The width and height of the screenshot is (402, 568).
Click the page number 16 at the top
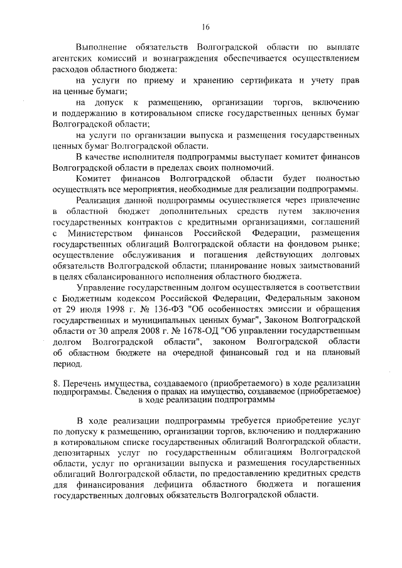coord(205,27)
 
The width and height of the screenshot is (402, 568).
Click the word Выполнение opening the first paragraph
coord(100,47)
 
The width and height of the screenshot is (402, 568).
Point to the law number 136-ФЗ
coord(166,309)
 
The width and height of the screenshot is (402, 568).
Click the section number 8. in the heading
coord(57,383)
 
